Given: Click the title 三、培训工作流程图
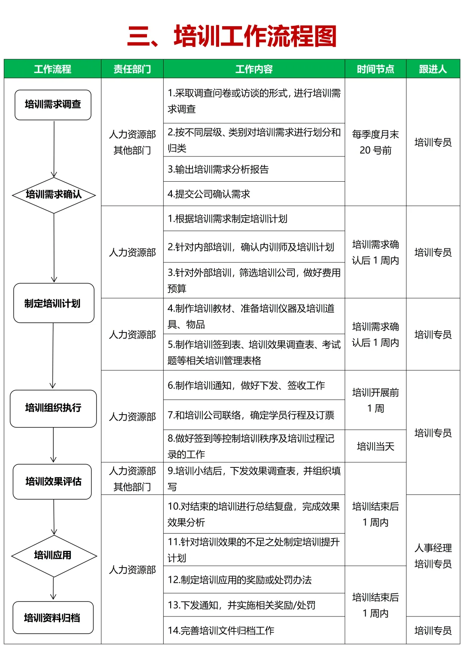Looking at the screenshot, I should [232, 36].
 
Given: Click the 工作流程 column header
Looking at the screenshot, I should [52, 69].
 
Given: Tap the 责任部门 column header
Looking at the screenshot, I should [132, 69].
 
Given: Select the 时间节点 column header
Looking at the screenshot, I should [375, 69].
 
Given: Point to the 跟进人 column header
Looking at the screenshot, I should [433, 69].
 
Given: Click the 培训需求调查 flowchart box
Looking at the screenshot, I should [53, 104].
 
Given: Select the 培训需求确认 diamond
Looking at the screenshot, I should [54, 195].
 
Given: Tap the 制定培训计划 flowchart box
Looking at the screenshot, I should [53, 303].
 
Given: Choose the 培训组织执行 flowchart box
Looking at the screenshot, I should [53, 408].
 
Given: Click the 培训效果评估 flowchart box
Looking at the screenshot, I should [52, 482].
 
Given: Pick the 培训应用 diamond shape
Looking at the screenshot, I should [53, 555].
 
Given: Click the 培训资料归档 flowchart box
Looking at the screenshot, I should [52, 618].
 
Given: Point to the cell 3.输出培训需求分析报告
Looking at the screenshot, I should [254, 169].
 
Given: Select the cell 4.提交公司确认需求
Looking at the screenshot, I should [254, 194].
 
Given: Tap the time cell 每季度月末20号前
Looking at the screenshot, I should [375, 142].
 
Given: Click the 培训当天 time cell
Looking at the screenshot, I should [375, 446].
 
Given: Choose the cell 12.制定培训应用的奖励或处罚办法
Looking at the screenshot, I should [254, 580].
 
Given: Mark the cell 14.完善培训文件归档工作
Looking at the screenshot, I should [254, 631].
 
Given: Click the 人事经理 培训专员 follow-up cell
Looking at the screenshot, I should [433, 556].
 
